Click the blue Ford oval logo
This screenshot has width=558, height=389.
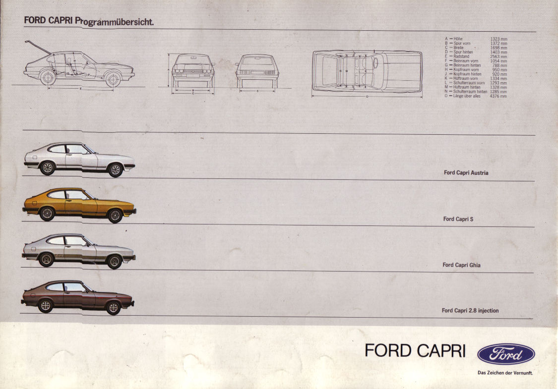[505, 354]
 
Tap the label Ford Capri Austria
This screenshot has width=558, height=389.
[466, 173]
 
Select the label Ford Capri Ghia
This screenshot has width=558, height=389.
[461, 265]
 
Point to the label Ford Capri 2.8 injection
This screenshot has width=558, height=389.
[470, 311]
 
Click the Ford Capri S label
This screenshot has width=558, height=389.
[458, 219]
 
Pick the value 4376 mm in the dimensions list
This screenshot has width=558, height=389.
[498, 96]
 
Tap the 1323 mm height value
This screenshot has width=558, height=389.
[498, 39]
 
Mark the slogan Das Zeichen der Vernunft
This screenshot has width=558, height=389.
[504, 373]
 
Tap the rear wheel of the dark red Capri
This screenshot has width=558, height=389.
[46, 306]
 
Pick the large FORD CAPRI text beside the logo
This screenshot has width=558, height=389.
[415, 351]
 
